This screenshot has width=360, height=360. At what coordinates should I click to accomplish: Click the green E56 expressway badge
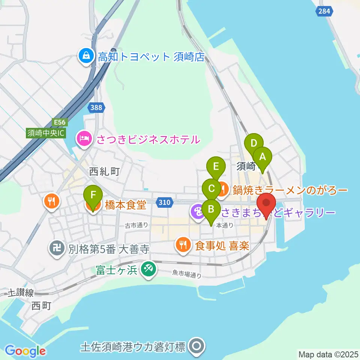[x=59, y=122]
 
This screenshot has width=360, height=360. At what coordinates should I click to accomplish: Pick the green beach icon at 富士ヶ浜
[x=148, y=269]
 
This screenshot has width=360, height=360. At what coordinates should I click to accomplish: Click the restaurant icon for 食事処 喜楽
[x=183, y=246]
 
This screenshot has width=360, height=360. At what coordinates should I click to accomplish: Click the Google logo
[x=25, y=351]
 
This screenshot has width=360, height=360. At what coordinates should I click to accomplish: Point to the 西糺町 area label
[x=104, y=172]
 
